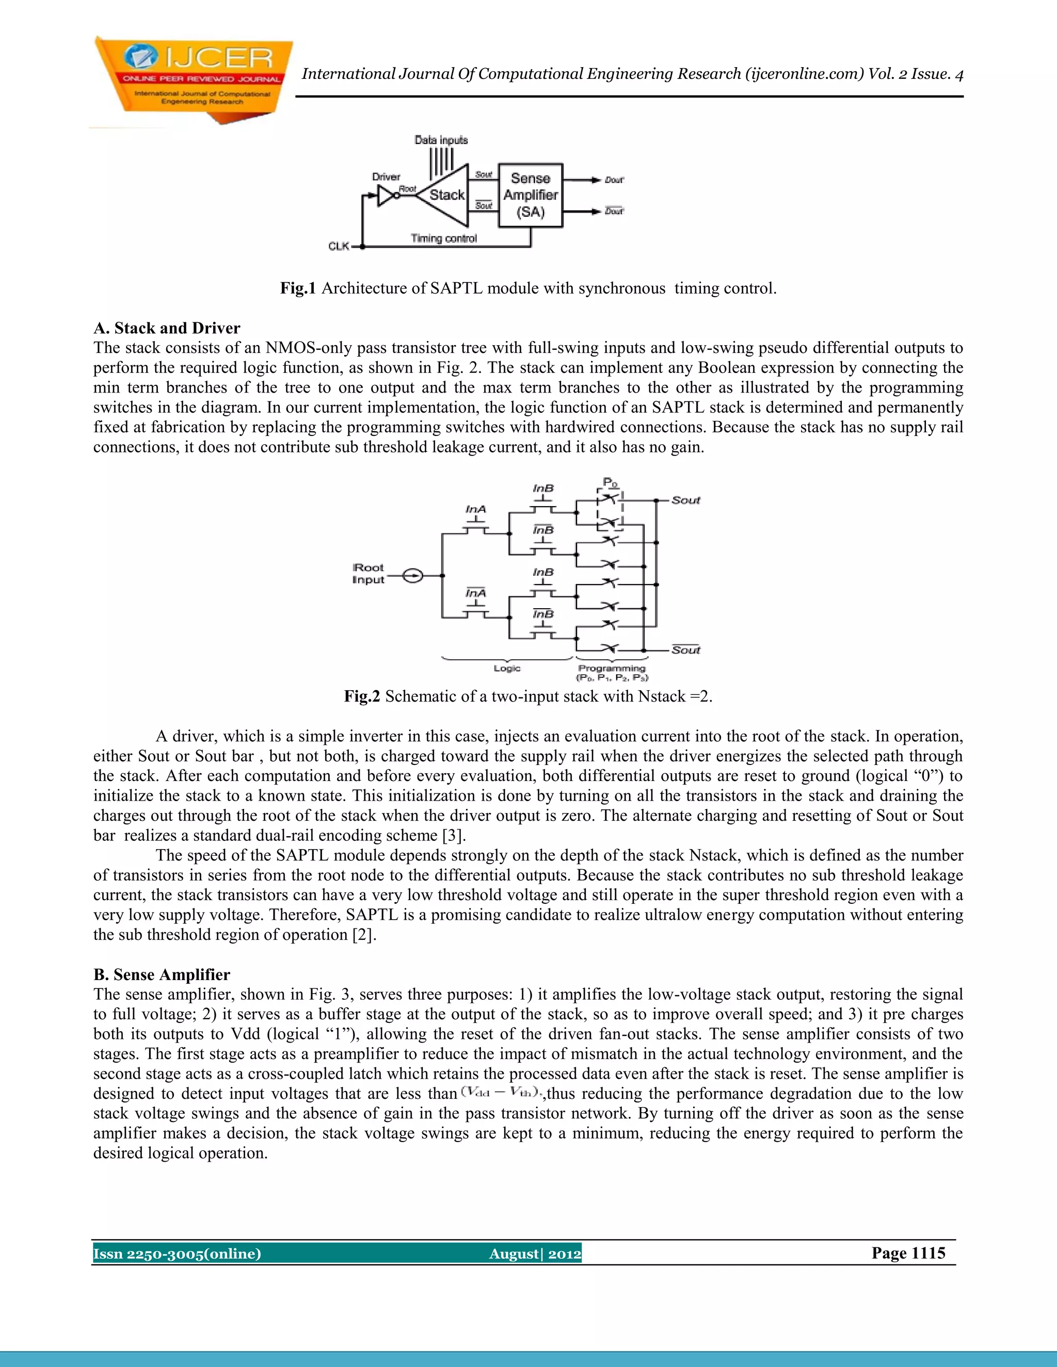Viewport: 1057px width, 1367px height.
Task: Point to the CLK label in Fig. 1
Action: point(338,247)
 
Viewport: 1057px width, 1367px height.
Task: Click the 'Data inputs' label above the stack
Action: point(441,140)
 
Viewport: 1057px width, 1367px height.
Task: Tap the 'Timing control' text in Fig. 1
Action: point(443,238)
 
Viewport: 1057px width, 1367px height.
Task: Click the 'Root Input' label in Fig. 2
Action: point(368,573)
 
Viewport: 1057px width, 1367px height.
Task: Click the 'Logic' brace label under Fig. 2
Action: point(507,669)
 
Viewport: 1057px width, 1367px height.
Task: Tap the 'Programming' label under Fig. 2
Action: point(611,669)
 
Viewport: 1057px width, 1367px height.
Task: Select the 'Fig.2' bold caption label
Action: point(362,696)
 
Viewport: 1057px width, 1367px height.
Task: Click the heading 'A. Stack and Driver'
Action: point(167,328)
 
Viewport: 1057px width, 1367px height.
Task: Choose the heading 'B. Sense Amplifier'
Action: point(162,974)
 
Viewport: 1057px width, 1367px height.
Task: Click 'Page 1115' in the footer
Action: point(908,1253)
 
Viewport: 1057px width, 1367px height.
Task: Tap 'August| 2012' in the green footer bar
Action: point(535,1254)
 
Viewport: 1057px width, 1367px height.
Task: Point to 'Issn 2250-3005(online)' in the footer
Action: point(177,1254)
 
